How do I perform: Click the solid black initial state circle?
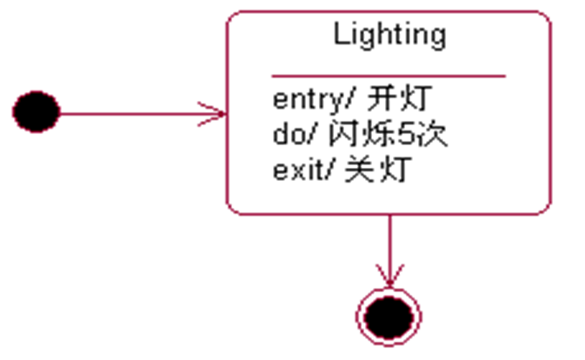[x=36, y=111]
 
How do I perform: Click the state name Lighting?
[x=389, y=35]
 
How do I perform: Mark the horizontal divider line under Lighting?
[x=389, y=76]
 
